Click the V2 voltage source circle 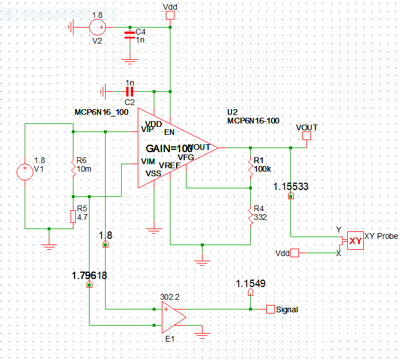click(98, 26)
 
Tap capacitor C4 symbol click(130, 35)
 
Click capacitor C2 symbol click(130, 91)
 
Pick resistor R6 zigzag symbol click(73, 169)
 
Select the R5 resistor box click(73, 216)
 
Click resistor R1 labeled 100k click(251, 169)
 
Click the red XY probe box click(356, 241)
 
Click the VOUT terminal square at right click(306, 136)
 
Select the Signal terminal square click(270, 309)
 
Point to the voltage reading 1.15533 click(291, 187)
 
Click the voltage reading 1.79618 click(90, 275)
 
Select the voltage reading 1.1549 click(251, 283)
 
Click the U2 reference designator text click(232, 112)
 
